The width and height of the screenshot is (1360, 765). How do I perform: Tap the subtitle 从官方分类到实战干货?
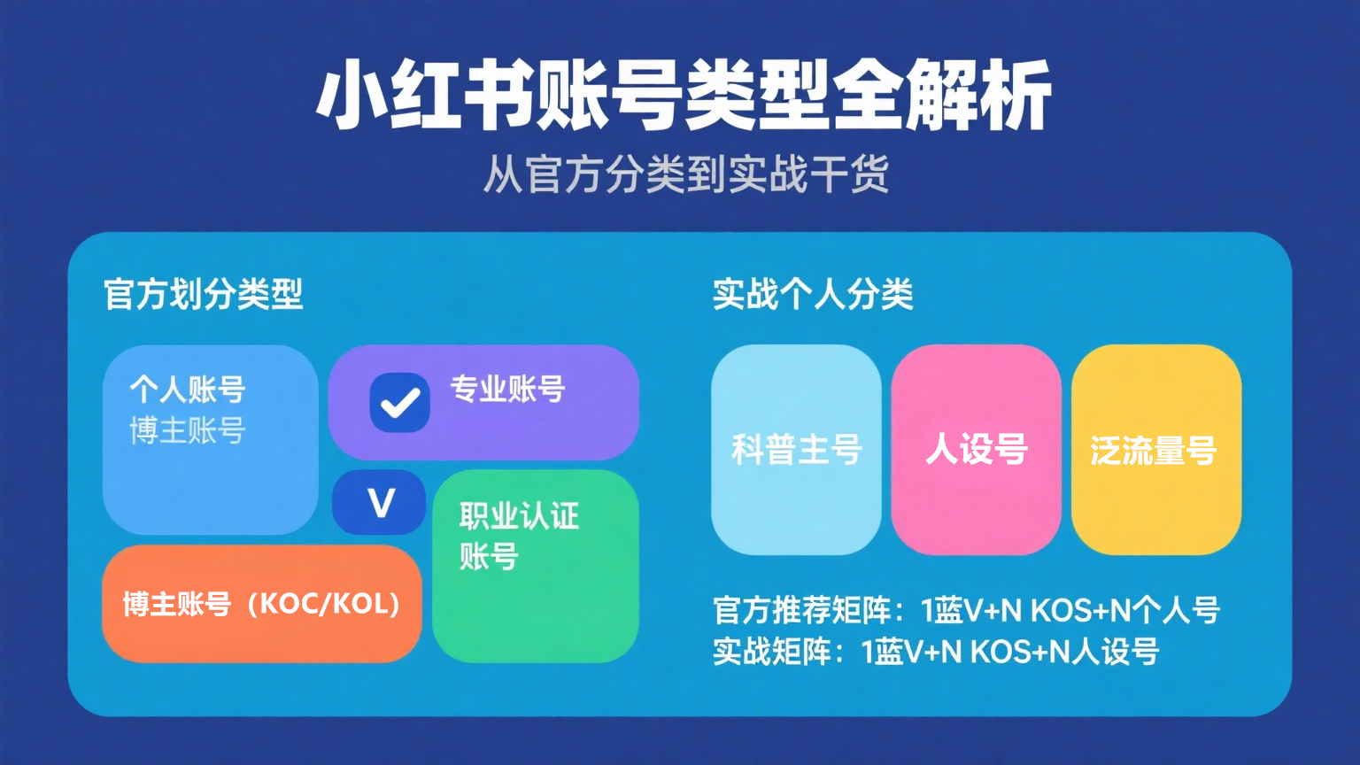pos(686,174)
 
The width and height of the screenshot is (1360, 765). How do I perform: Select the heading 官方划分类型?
pos(204,295)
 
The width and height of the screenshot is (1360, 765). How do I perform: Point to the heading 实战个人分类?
pos(813,295)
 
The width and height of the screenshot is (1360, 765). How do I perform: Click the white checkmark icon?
pos(400,403)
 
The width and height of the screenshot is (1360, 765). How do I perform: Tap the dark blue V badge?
pos(379,502)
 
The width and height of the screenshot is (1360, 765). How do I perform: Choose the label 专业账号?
pos(507,390)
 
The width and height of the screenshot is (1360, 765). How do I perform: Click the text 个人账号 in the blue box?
pos(188,390)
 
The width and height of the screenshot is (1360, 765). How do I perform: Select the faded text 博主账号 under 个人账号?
pos(188,430)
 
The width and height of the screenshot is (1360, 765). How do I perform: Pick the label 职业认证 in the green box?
pos(520,516)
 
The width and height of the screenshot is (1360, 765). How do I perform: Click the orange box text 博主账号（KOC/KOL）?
pos(262,604)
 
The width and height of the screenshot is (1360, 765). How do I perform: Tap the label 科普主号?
pos(797,450)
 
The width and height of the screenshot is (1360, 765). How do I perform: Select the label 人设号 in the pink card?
pos(977,450)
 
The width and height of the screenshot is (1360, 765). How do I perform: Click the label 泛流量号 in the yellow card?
pos(1154,451)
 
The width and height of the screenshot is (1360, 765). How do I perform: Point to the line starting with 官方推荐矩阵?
pos(967,610)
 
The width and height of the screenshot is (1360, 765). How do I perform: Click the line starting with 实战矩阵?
pos(936,652)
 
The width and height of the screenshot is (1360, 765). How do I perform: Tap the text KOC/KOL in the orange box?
pos(323,604)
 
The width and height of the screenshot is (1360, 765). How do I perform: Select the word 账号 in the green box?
pos(489,556)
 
